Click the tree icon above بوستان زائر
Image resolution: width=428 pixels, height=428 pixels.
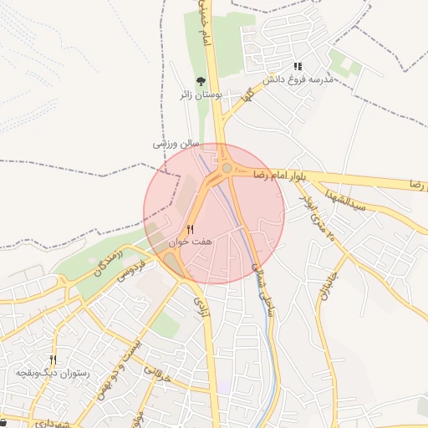[x=201, y=81]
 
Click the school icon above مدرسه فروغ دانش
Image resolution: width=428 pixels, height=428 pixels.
[x=298, y=66]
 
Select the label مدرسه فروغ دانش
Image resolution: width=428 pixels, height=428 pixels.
[x=298, y=80]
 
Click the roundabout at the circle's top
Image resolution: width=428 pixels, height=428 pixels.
[x=227, y=167]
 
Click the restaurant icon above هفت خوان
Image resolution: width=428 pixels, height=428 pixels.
[x=191, y=228]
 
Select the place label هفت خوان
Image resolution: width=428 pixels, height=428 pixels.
[x=191, y=241]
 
